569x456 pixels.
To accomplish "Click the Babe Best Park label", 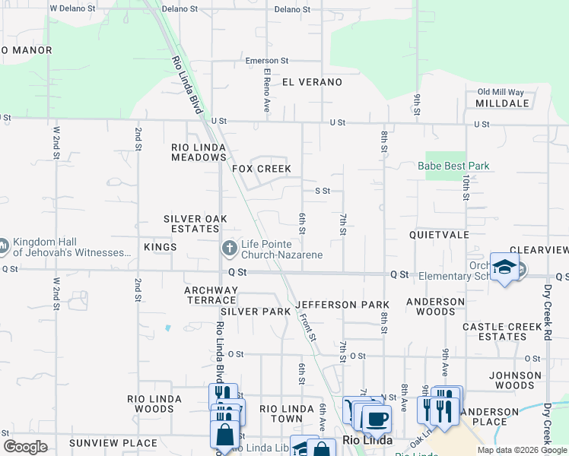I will (463, 166).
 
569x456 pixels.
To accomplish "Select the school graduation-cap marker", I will (504, 268).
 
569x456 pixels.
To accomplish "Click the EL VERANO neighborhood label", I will (312, 81).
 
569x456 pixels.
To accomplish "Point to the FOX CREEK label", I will (262, 168).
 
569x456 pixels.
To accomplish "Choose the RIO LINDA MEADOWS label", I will (199, 152).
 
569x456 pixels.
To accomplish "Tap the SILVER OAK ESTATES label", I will (195, 224).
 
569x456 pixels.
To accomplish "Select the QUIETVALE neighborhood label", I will (439, 235).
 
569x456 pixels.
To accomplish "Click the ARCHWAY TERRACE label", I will (211, 295).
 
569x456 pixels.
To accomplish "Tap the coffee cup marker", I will (376, 419).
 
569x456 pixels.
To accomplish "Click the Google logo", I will (25, 447).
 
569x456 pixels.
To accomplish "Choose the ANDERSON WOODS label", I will (435, 306).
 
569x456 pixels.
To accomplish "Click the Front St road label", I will (307, 327).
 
